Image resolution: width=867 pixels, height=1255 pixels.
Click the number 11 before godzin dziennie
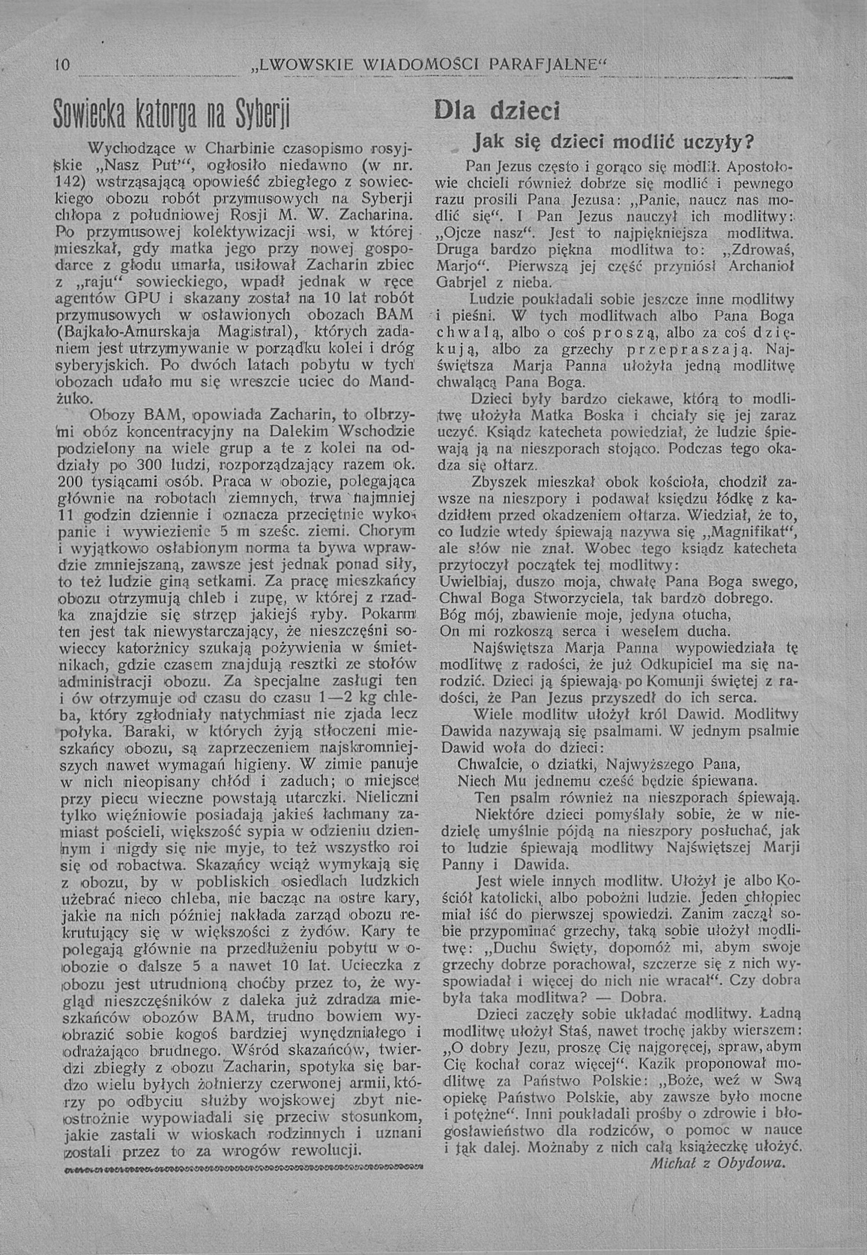pos(67,514)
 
